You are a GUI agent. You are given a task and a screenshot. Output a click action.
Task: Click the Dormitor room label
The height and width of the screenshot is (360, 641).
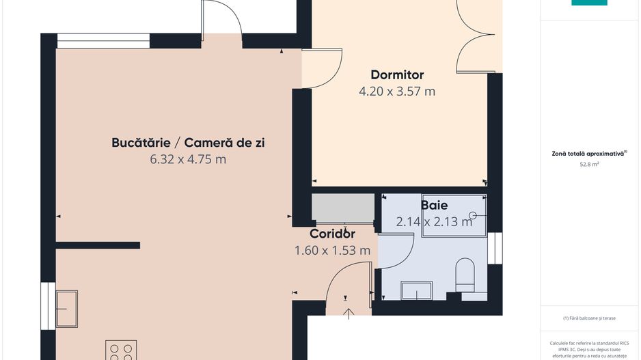[397, 74]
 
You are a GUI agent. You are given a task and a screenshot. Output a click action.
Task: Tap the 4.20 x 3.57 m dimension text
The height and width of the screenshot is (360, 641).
[397, 91]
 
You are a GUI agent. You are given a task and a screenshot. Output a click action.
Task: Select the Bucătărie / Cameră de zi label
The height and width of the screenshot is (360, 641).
[188, 143]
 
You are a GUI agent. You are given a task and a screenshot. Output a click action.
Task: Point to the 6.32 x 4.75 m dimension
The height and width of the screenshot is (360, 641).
[188, 159]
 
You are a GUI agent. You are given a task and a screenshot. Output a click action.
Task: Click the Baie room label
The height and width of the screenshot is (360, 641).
[435, 204]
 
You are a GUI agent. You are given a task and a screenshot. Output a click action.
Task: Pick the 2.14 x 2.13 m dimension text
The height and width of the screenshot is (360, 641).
[434, 221]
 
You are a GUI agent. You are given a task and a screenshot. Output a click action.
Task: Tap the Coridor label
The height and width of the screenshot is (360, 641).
[332, 234]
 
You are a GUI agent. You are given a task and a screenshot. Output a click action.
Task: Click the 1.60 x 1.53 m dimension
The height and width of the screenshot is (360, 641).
[332, 250]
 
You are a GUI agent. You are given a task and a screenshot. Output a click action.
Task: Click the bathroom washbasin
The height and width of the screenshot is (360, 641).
[416, 290]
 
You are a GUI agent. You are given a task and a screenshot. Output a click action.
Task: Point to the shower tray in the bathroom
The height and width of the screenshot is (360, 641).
[454, 215]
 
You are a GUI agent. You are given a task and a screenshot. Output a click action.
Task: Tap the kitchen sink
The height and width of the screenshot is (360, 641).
[66, 308]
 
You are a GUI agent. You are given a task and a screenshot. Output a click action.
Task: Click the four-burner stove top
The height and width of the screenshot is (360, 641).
[121, 350]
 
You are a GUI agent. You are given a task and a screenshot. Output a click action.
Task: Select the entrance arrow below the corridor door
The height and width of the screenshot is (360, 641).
[349, 313]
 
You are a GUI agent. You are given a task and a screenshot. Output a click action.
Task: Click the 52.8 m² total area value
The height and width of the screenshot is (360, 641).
[589, 165]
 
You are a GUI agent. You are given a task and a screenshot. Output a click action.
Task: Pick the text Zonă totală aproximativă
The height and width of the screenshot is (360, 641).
[588, 154]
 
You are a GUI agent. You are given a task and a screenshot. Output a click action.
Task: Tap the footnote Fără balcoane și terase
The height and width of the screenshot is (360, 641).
[589, 318]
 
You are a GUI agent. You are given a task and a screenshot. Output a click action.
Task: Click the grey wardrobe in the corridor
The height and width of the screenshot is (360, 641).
[343, 208]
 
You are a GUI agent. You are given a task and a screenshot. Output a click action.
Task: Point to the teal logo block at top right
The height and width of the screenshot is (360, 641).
[589, 3]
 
